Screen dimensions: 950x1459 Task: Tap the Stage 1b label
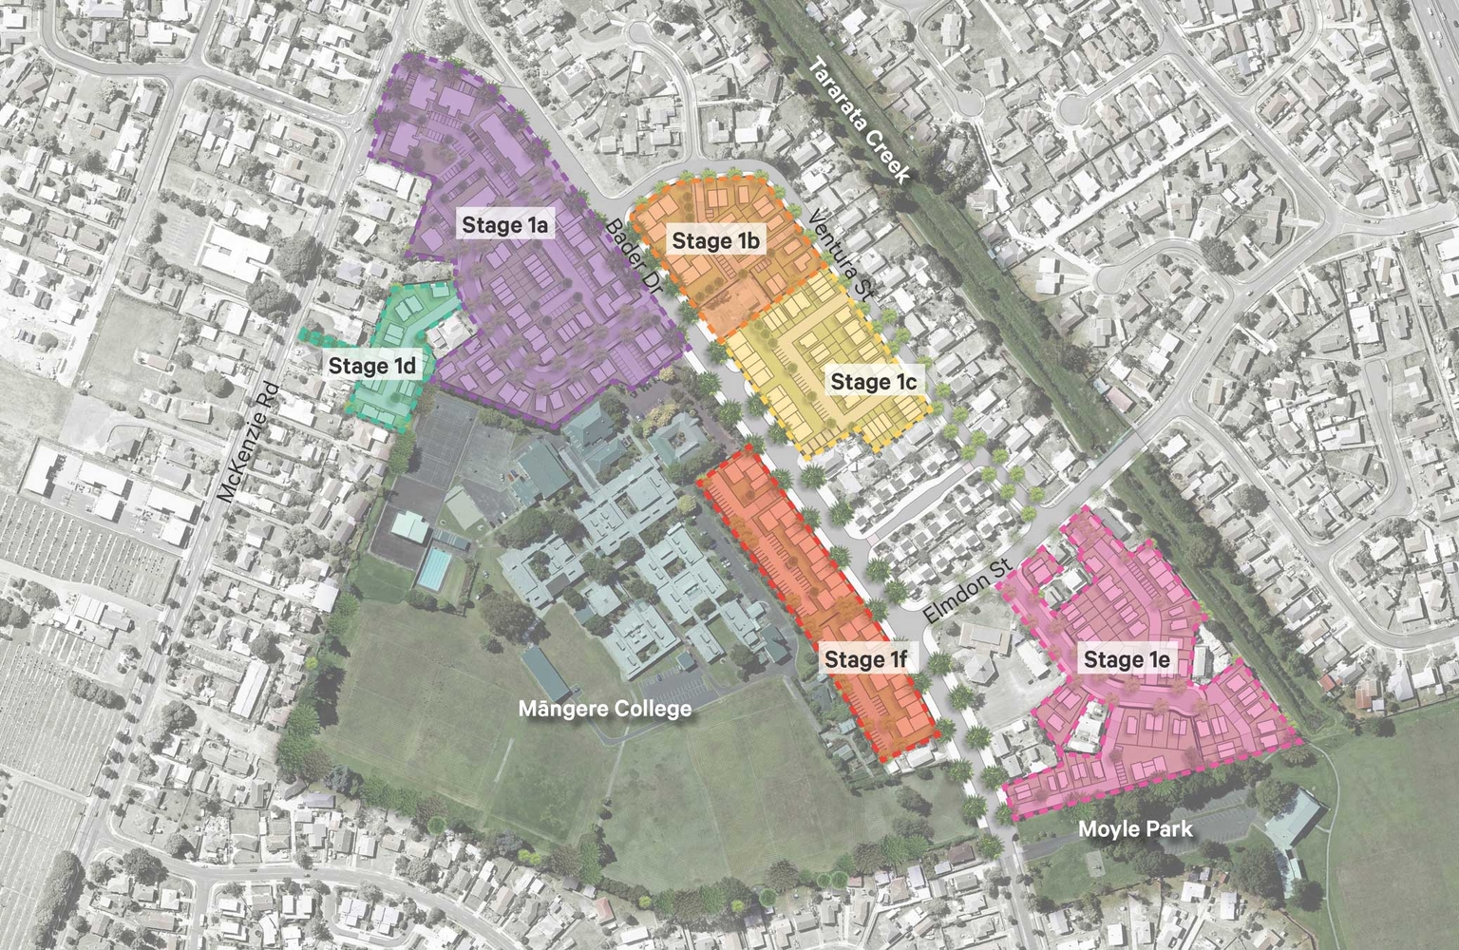pos(715,241)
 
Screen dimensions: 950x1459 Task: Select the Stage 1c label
pos(873,382)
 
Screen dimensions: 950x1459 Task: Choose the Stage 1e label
pos(1126,659)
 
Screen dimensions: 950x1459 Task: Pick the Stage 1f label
pos(866,659)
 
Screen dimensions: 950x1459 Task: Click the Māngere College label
pos(605,709)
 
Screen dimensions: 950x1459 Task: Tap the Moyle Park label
pos(1135,829)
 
